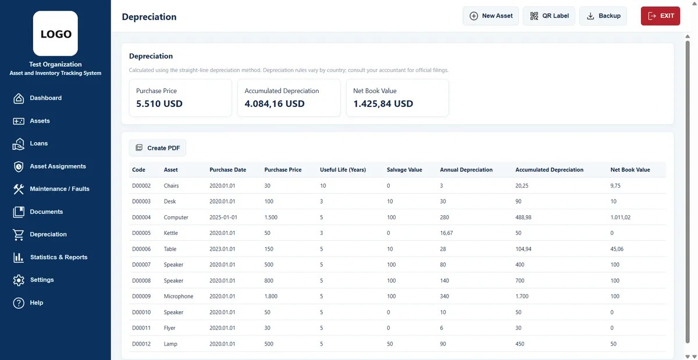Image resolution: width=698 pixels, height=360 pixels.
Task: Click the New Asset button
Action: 490,16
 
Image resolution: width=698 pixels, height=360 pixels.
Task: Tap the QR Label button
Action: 549,16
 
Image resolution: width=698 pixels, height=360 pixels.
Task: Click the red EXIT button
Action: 660,16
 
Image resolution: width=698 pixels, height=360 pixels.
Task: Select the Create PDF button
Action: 158,148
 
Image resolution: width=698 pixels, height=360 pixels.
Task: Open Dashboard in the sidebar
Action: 45,98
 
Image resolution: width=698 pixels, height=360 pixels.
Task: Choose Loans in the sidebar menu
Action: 38,144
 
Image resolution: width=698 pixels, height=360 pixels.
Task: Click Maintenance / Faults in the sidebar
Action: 59,189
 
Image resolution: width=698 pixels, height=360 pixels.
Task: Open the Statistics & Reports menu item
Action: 59,257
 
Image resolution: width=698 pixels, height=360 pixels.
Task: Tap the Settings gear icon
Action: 19,280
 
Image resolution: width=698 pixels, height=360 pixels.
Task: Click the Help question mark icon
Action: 19,303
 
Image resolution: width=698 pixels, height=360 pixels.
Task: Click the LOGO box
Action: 55,33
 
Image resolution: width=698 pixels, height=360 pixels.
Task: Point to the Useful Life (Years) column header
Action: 343,170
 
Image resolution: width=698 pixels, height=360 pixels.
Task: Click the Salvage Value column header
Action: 404,170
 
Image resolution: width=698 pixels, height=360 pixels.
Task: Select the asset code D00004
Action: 141,218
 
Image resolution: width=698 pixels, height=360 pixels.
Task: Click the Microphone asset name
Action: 179,297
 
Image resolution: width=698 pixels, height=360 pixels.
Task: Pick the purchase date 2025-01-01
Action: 223,218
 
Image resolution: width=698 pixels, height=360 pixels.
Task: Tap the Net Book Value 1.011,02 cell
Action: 620,218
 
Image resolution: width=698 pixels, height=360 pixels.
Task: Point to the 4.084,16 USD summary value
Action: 274,104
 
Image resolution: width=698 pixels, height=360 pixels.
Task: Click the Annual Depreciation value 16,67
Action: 446,233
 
